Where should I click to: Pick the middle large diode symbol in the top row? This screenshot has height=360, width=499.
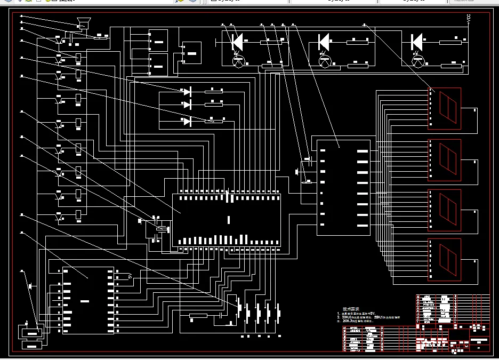click(x=323, y=41)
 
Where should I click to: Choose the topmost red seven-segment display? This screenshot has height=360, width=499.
click(x=444, y=108)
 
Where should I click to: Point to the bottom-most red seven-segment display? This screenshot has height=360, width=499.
click(x=444, y=259)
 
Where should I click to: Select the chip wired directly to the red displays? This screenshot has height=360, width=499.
click(x=343, y=187)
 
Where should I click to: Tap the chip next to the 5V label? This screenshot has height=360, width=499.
click(x=88, y=300)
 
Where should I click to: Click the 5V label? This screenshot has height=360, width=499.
click(x=130, y=276)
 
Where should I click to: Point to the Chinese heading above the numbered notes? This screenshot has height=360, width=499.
click(x=351, y=309)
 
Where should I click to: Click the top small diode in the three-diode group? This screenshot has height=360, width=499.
click(x=187, y=92)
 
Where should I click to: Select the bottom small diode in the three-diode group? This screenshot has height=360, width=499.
click(x=187, y=122)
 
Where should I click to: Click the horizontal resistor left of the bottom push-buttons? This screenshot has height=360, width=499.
click(x=198, y=316)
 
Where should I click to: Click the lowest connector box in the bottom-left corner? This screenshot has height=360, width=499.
click(x=32, y=345)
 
